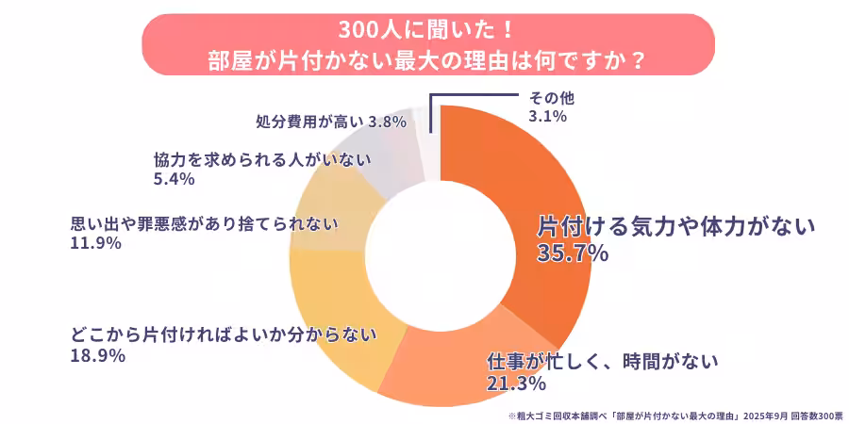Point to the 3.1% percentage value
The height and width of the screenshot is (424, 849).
click(x=547, y=117)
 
